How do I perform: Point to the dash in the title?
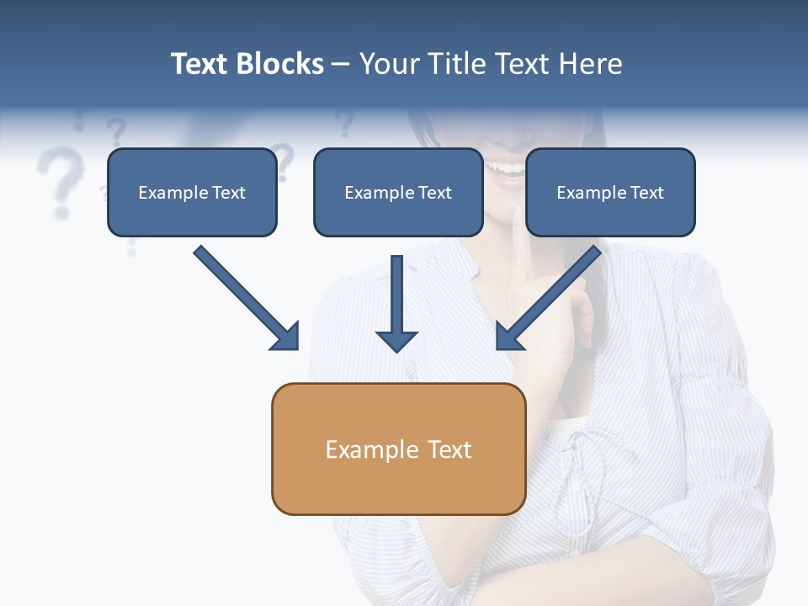click(341, 65)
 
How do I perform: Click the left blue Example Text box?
click(192, 192)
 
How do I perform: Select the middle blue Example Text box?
click(398, 192)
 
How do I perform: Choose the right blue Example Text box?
click(610, 192)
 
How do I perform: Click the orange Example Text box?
click(398, 449)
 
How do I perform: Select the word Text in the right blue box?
click(646, 193)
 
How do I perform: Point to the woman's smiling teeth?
click(507, 167)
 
